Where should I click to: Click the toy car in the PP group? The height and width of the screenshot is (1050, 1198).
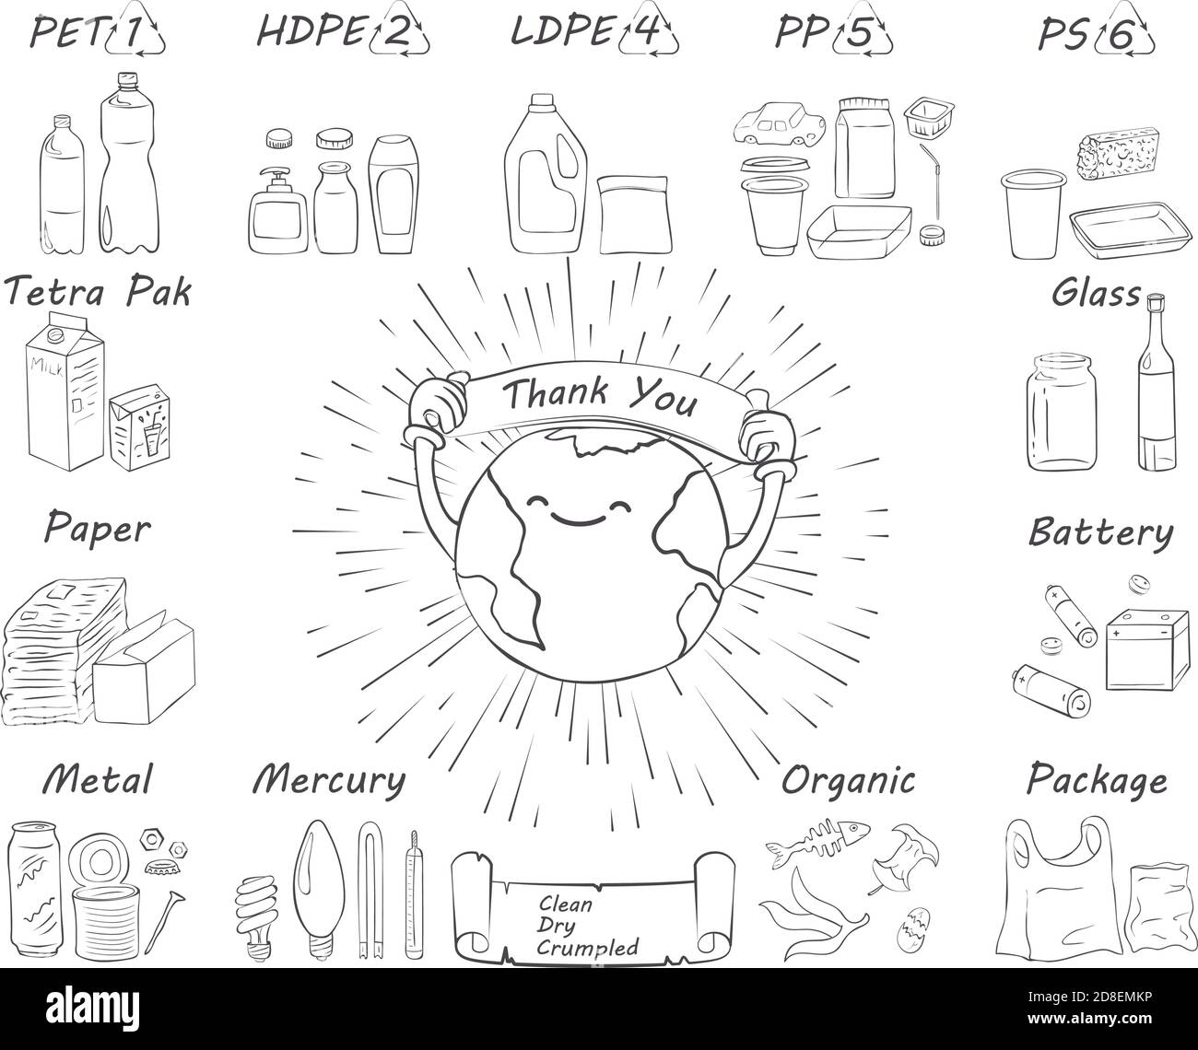[780, 124]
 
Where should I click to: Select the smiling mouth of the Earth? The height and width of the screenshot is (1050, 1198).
[578, 521]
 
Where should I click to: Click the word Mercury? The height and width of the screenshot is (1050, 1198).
[329, 780]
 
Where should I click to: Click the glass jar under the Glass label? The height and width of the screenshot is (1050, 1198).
[1061, 412]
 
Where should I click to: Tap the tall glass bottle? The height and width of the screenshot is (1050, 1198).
[1157, 383]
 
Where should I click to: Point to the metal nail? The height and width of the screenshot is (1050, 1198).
[164, 922]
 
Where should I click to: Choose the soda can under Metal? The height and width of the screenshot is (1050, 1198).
[35, 889]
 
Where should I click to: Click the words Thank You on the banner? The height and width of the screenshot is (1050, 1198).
[600, 395]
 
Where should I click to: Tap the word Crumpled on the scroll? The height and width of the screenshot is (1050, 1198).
[587, 948]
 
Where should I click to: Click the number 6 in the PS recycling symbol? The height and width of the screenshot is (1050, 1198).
[1120, 35]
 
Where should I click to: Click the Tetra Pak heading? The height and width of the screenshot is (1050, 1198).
[98, 291]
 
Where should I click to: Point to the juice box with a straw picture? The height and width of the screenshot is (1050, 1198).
[140, 426]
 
